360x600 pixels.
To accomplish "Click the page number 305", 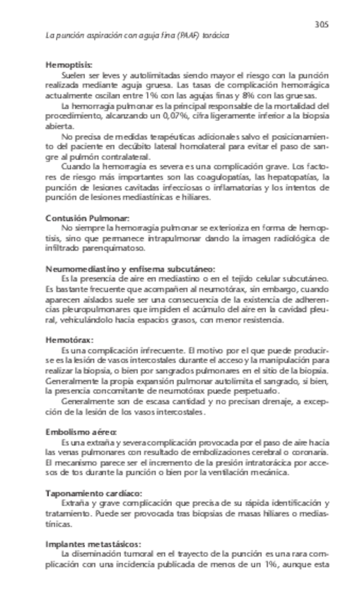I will [322, 24].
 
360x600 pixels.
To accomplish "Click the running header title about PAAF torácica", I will [137, 35].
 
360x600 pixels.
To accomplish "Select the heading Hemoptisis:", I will [69, 64].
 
